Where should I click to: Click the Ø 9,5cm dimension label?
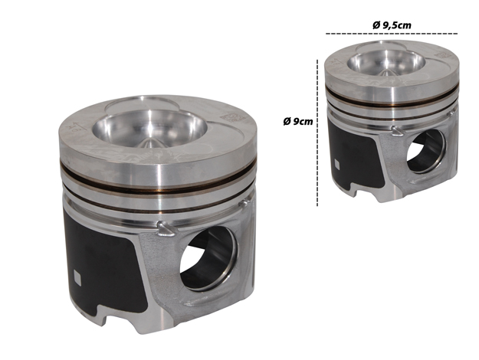[392, 25]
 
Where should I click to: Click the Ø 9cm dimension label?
[298, 122]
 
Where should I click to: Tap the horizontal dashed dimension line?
[392, 33]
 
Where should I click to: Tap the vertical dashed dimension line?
[317, 133]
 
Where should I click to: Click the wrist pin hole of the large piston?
[208, 259]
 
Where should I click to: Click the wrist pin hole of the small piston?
[426, 152]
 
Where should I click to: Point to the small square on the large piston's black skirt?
[77, 278]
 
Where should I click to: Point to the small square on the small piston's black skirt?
[337, 164]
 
